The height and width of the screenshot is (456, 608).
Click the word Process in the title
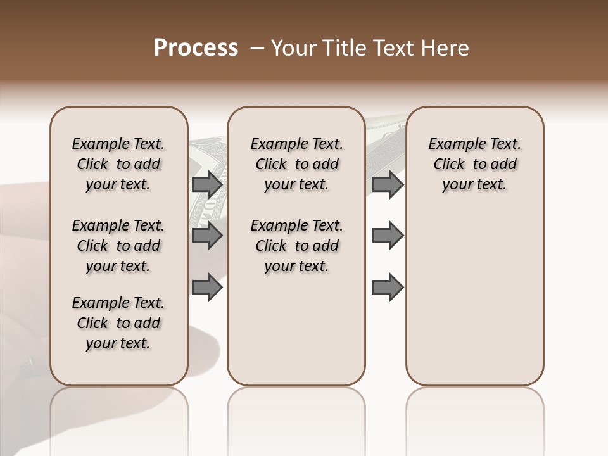tap(196, 48)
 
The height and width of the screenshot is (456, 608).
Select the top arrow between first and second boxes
tap(207, 184)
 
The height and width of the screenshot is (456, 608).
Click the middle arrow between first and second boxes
tap(207, 236)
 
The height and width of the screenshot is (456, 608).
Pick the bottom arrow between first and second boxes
tap(207, 287)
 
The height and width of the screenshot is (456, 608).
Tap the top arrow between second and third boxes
tap(388, 184)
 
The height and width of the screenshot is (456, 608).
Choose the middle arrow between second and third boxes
tap(388, 236)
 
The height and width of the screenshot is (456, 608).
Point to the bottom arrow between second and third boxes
tap(388, 287)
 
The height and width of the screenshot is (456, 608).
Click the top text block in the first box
tap(118, 164)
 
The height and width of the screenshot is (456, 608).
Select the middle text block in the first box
tap(118, 246)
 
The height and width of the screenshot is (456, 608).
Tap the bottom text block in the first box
tap(118, 323)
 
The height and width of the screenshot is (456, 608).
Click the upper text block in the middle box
tap(296, 164)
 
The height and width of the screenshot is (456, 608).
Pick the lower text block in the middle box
tap(296, 246)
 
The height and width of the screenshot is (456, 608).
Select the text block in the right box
tap(474, 164)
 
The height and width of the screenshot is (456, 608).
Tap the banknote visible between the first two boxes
tap(208, 158)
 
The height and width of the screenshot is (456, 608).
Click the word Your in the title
tap(292, 48)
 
